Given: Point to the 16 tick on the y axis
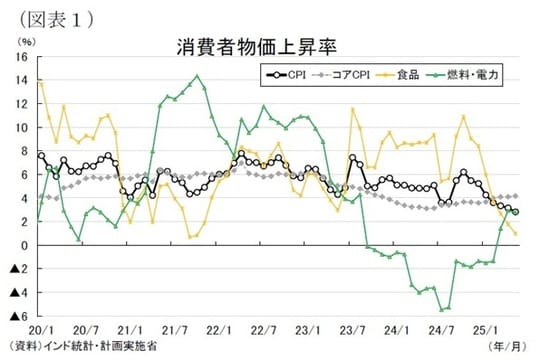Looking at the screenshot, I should (x=21, y=57).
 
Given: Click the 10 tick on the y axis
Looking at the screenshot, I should (x=21, y=128).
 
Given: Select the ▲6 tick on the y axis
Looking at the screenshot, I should (x=19, y=317).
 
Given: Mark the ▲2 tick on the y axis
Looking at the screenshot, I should (x=19, y=270).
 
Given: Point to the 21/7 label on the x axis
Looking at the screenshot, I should (x=175, y=329).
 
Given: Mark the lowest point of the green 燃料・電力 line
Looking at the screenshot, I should (x=441, y=309).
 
